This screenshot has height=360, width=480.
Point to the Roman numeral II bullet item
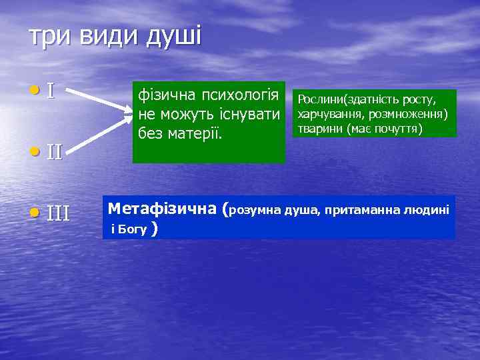point(54,152)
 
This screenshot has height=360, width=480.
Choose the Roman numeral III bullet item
point(58,213)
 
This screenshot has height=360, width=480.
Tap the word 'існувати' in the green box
point(249,114)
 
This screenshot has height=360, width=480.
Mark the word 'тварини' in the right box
point(317,127)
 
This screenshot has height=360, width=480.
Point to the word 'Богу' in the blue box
point(133,231)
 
